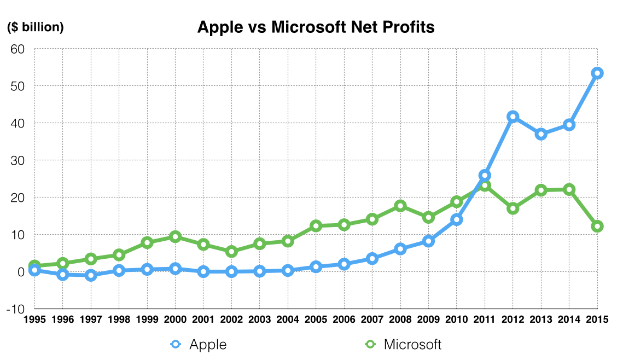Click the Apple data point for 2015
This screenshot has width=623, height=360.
point(597,73)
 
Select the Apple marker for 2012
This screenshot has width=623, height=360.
point(513,117)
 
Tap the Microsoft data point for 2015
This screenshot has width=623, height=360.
point(597,227)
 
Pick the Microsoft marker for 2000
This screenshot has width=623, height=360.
point(175,237)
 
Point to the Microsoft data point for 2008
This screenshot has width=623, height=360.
point(400,206)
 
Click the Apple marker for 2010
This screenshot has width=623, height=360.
point(457,220)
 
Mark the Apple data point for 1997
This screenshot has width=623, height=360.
point(91,275)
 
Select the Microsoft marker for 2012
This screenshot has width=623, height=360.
point(513,208)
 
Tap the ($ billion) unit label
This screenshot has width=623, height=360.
point(35,27)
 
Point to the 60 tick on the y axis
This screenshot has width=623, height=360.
point(18,49)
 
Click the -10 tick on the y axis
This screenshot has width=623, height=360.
point(16,309)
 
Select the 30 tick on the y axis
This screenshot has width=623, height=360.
point(18,160)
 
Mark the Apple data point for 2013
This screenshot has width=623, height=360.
point(541,134)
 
